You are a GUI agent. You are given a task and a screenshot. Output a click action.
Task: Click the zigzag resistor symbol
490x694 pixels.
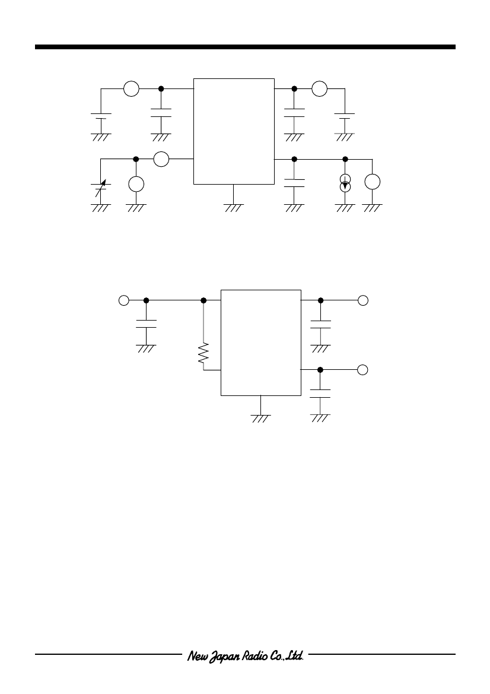point(203,354)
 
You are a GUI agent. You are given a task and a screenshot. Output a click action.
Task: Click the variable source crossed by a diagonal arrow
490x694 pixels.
point(101,188)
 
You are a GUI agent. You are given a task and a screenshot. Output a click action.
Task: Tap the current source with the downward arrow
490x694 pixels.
point(345,183)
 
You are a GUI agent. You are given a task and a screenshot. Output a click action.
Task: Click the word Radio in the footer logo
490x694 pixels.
point(254,655)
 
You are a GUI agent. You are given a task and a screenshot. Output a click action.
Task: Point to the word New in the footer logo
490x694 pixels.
point(195,655)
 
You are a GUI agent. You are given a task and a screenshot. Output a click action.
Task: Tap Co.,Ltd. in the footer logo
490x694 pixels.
point(286,655)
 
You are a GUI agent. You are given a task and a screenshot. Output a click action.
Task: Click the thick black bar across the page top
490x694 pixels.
point(245,47)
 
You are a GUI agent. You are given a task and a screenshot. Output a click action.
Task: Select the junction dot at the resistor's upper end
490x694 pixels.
point(203,300)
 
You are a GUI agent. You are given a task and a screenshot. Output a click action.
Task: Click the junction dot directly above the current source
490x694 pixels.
point(345,159)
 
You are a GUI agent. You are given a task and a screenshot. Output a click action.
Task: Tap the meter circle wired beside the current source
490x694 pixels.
point(373,182)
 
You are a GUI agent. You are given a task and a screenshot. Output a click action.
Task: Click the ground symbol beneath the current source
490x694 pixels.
point(345,208)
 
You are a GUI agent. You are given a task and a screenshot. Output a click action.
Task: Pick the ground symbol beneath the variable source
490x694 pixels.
point(101,208)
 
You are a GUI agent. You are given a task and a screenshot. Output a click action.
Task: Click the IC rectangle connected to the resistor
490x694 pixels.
point(261,343)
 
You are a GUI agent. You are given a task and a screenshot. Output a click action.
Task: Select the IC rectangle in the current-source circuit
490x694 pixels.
point(234,131)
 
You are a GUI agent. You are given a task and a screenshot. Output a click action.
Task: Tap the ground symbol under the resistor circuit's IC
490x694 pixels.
point(261,419)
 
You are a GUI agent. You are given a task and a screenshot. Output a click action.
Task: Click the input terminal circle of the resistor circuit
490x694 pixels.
point(124,300)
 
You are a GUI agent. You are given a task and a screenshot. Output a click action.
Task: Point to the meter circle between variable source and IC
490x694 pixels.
point(161,159)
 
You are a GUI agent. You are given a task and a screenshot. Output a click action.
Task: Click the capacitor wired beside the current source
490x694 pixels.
point(294,183)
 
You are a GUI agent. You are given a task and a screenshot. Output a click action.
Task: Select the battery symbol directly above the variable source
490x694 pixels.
point(101,116)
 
